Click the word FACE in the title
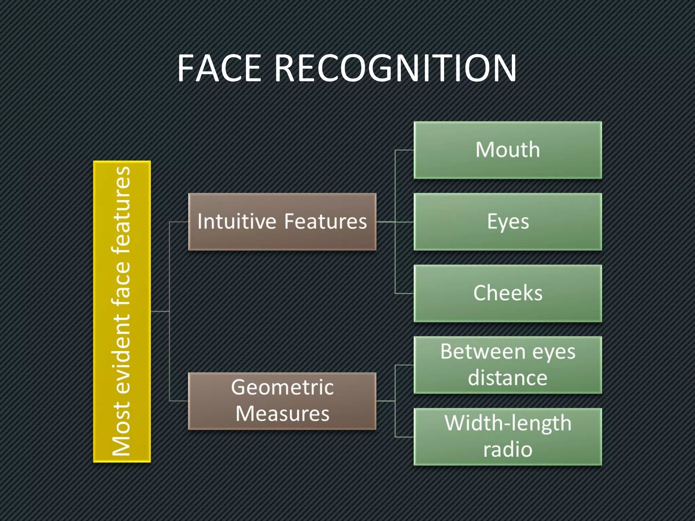219,69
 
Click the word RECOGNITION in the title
395,69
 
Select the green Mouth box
508,150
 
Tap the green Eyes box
508,222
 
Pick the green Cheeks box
508,293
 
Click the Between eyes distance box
508,365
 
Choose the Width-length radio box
508,437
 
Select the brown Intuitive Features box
282,222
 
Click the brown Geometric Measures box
282,401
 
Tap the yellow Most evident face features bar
122,311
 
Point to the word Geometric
282,387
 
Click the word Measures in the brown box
282,414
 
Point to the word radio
508,450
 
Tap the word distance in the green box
508,378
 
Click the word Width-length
508,423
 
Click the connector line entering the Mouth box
405,150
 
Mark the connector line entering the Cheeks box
405,293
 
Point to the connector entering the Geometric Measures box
179,401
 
